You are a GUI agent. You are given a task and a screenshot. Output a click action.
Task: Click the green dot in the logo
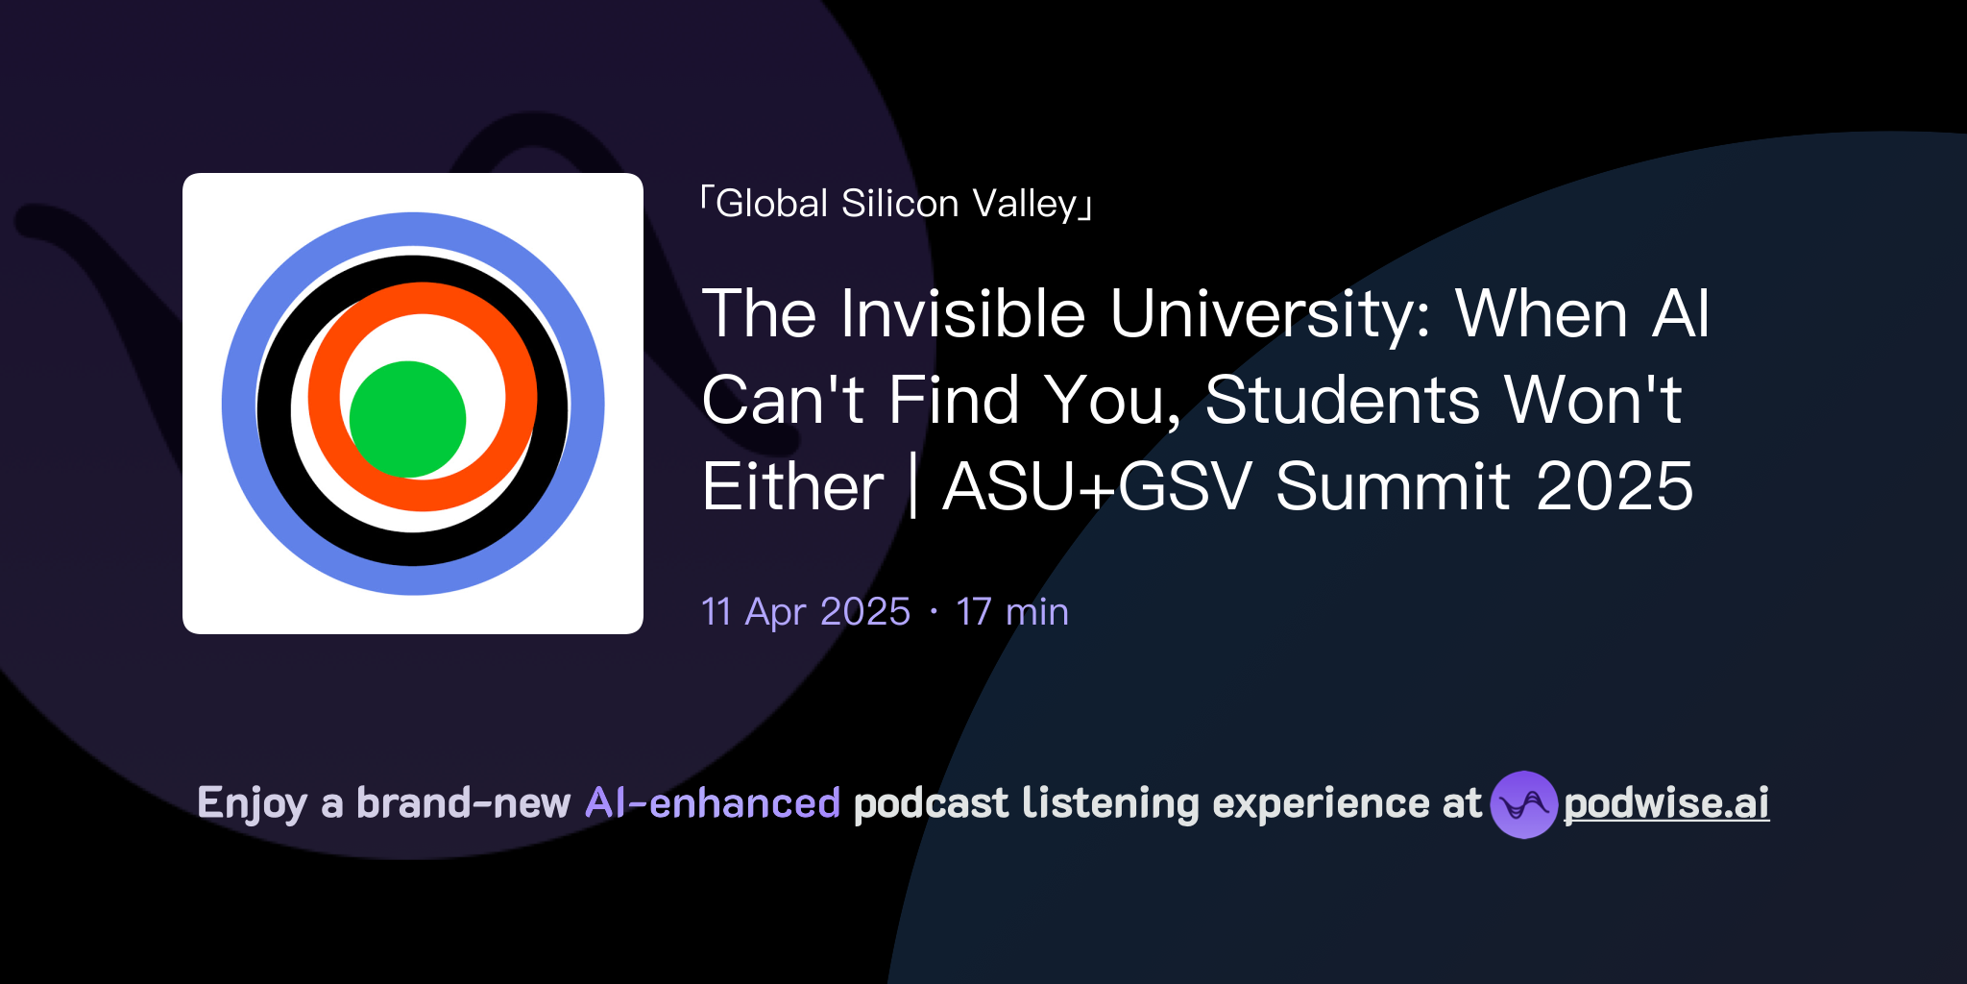(x=407, y=419)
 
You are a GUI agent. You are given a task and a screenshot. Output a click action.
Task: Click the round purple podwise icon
(x=1523, y=804)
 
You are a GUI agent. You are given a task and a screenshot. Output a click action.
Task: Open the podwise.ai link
(x=1666, y=804)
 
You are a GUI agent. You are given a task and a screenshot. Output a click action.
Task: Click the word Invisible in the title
(x=962, y=314)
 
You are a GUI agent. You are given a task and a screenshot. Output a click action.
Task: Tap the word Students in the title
(x=1342, y=400)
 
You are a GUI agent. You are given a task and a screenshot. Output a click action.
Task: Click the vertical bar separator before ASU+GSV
(x=912, y=486)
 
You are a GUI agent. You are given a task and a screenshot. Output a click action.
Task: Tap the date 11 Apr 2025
(x=805, y=612)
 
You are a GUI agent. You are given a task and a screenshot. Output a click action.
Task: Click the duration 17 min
(x=1011, y=612)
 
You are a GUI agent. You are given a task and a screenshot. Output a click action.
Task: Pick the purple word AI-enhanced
(x=713, y=803)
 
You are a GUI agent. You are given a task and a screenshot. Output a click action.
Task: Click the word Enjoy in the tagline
(x=252, y=803)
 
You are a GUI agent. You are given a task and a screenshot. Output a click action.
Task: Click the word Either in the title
(x=792, y=486)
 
